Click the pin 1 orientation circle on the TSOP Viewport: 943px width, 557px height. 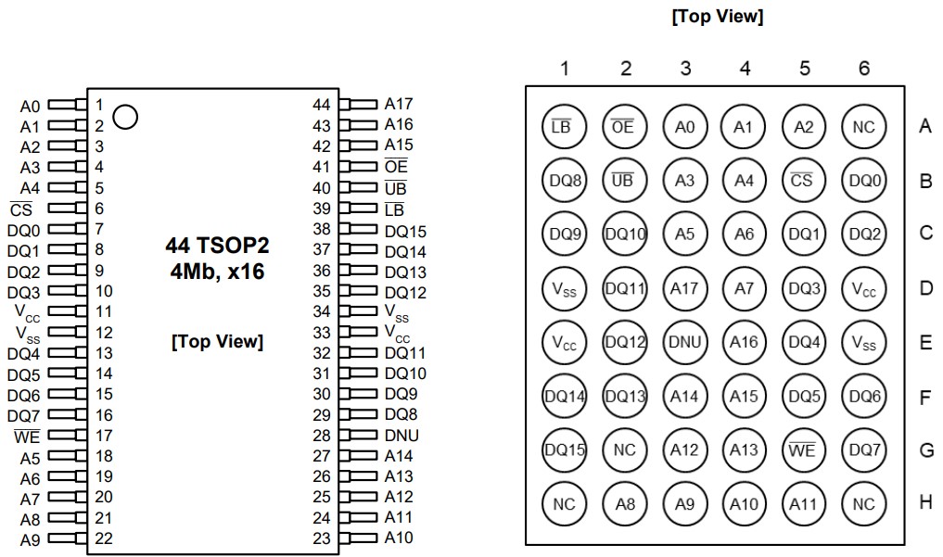click(x=125, y=117)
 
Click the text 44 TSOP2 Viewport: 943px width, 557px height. click(x=217, y=246)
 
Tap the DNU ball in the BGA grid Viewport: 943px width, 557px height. click(x=684, y=342)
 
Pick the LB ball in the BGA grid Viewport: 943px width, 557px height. click(x=563, y=127)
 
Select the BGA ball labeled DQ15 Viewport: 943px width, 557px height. click(x=564, y=449)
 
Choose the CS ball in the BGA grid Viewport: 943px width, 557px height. click(x=803, y=181)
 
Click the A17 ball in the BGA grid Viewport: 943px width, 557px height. click(x=684, y=288)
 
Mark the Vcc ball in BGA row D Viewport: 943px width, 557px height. click(x=863, y=289)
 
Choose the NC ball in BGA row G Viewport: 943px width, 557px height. click(x=624, y=449)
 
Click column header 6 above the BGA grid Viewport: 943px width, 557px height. click(x=864, y=69)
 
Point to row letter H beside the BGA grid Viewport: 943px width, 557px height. click(x=924, y=502)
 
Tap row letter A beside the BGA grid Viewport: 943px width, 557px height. click(x=924, y=126)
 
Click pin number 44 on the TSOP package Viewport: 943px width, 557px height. click(x=322, y=105)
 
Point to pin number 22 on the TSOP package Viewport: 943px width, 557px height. click(x=104, y=538)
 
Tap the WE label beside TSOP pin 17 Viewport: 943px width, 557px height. click(x=26, y=437)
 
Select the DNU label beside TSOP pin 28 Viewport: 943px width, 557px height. click(x=401, y=436)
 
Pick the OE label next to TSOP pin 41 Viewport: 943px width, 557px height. click(x=396, y=167)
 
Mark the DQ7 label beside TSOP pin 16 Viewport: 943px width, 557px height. click(x=24, y=415)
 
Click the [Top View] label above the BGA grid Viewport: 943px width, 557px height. click(x=717, y=18)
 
